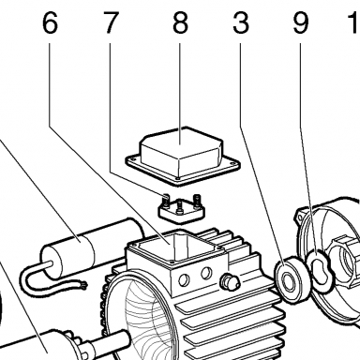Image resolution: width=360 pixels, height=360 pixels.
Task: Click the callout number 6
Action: [50, 23]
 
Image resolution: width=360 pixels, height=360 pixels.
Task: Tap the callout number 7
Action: [111, 23]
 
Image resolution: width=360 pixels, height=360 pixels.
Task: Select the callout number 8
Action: [180, 23]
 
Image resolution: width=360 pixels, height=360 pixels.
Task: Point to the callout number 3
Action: [241, 23]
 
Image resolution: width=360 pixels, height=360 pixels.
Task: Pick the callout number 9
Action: [301, 23]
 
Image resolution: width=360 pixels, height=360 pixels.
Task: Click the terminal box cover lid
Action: [183, 156]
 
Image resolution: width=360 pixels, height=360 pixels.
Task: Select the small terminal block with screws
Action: [181, 209]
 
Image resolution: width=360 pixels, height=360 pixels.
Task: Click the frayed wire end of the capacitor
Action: [83, 285]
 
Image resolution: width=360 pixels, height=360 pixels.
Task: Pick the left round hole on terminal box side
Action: [185, 279]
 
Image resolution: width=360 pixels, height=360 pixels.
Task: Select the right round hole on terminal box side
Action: [206, 274]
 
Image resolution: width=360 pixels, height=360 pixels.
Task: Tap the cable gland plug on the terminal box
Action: [230, 281]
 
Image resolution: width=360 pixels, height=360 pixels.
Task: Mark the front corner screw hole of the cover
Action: [177, 179]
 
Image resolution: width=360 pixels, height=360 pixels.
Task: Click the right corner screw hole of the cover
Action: [232, 162]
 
